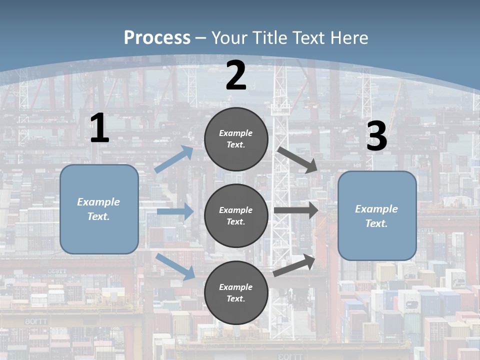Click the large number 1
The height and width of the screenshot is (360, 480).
click(x=99, y=128)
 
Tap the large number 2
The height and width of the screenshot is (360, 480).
click(x=236, y=76)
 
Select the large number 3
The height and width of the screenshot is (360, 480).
click(x=376, y=136)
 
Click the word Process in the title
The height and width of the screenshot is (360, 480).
click(x=157, y=38)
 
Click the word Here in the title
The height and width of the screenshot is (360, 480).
click(x=350, y=38)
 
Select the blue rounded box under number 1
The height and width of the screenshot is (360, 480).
click(x=99, y=209)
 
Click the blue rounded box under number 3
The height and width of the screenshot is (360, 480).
click(x=377, y=216)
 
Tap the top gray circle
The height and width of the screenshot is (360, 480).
click(x=236, y=139)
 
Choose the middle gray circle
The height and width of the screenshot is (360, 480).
click(x=236, y=216)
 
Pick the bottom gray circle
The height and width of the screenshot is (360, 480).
click(x=236, y=293)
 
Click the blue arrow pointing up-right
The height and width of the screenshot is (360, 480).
click(x=174, y=159)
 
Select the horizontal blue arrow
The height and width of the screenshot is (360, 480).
click(x=175, y=211)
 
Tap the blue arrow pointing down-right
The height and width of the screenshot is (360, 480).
click(x=175, y=266)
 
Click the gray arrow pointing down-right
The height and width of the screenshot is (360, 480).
click(x=297, y=159)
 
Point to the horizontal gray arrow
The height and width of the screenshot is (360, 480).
click(x=296, y=210)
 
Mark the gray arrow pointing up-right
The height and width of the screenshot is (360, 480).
click(x=294, y=265)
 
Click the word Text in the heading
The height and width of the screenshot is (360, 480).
click(x=310, y=38)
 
